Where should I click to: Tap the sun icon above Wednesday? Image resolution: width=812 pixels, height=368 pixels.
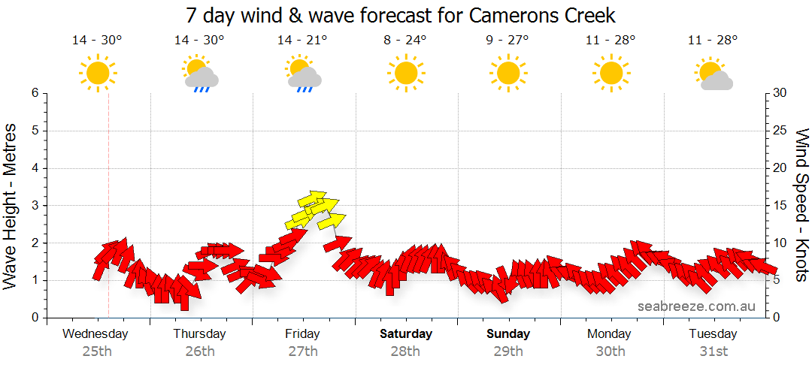click(x=97, y=73)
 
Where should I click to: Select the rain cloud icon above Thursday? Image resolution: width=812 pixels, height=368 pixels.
click(x=200, y=74)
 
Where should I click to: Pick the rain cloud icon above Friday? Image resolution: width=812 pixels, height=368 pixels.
click(x=303, y=74)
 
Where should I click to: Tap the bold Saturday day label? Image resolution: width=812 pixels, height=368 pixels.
click(x=406, y=333)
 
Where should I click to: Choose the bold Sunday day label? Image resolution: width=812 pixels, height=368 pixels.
click(x=508, y=333)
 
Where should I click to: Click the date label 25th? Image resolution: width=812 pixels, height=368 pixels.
click(x=96, y=351)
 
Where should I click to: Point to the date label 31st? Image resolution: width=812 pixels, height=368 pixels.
click(x=713, y=351)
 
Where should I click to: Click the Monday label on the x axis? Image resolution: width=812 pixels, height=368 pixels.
click(x=610, y=333)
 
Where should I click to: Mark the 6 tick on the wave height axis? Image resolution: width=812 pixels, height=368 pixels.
click(x=35, y=93)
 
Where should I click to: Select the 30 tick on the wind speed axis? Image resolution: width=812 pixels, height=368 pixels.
click(x=780, y=93)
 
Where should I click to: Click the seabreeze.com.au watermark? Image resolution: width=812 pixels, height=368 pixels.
click(x=696, y=306)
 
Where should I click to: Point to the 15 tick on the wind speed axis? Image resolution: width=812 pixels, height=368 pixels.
click(x=780, y=206)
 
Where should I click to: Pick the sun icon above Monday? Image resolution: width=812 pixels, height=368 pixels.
click(x=610, y=73)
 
